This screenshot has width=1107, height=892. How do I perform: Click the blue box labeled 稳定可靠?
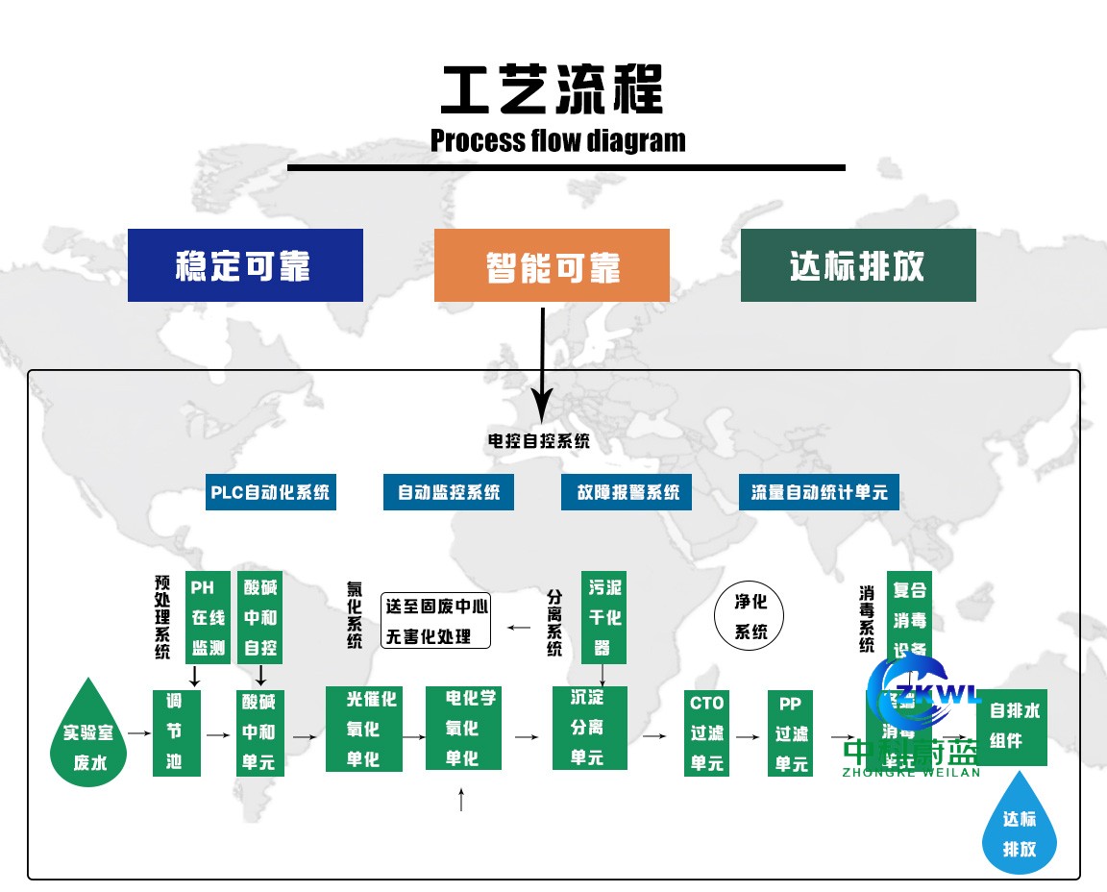tap(245, 265)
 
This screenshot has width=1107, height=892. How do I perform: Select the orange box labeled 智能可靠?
tap(552, 265)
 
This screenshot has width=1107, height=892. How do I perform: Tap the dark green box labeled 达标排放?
tap(858, 265)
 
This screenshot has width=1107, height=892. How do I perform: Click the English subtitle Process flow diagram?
tap(558, 140)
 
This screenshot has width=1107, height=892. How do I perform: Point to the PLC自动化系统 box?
tap(270, 492)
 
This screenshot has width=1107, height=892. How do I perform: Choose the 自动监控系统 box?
tap(449, 492)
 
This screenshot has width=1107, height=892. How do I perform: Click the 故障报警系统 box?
tap(627, 492)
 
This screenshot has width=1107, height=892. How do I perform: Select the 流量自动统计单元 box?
tap(819, 492)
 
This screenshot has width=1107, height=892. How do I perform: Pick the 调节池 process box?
tap(174, 731)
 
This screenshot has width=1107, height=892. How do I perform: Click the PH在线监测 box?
tap(208, 617)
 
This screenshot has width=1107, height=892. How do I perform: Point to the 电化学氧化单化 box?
tap(464, 728)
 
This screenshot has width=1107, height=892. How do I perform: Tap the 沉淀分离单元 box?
tap(589, 728)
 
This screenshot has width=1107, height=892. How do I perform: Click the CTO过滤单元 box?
tap(706, 732)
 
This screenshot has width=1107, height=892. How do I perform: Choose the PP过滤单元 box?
tap(791, 732)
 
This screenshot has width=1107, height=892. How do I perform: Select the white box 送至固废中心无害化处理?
tap(436, 620)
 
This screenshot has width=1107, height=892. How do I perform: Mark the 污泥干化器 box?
tap(604, 617)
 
